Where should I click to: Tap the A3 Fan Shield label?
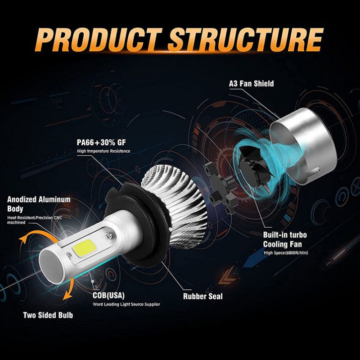(x=251, y=84)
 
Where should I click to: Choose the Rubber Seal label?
(x=202, y=297)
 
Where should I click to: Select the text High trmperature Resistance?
(x=103, y=151)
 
